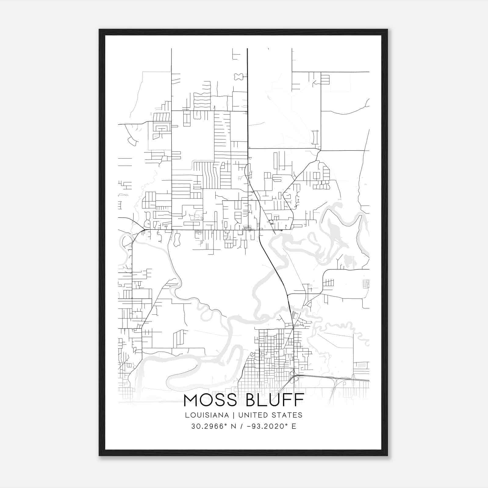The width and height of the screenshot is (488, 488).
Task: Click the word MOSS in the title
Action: click(x=210, y=400)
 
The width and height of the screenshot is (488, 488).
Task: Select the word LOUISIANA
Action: click(x=206, y=415)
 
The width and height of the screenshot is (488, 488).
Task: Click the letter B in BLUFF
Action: click(x=251, y=400)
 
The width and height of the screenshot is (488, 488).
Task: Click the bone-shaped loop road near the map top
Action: click(x=239, y=77)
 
